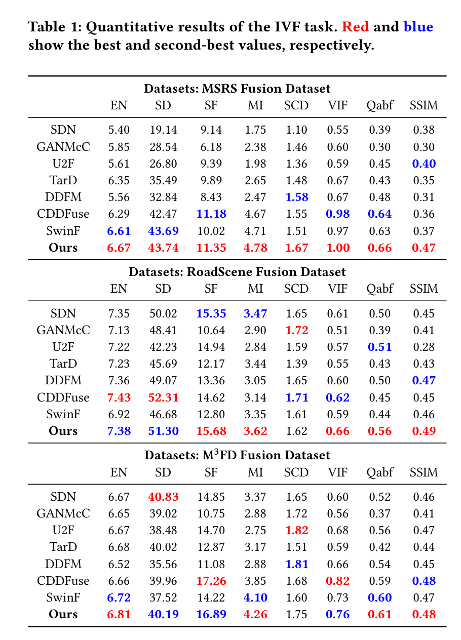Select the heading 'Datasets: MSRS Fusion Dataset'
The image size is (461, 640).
pyautogui.click(x=237, y=89)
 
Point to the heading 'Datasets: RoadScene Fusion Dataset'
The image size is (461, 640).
pyautogui.click(x=237, y=272)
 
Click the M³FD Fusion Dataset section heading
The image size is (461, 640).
pyautogui.click(x=237, y=455)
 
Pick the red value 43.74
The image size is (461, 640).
pyautogui.click(x=163, y=248)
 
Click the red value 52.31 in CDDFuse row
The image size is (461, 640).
pyautogui.click(x=163, y=397)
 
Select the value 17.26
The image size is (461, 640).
pyautogui.click(x=211, y=581)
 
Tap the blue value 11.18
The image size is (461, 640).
pyautogui.click(x=211, y=214)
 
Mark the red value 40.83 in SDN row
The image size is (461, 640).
pyautogui.click(x=163, y=497)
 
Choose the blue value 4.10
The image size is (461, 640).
pyautogui.click(x=255, y=597)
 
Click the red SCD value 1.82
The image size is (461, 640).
pyautogui.click(x=296, y=531)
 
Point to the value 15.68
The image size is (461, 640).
pyautogui.click(x=211, y=431)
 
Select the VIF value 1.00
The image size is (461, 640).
pyautogui.click(x=337, y=248)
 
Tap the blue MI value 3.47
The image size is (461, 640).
pyautogui.click(x=255, y=314)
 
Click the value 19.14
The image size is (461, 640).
pyautogui.click(x=163, y=130)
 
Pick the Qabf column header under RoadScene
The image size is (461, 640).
pyautogui.click(x=379, y=289)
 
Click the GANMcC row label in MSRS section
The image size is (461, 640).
pyautogui.click(x=63, y=147)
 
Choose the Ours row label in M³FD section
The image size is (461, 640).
pyautogui.click(x=63, y=614)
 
